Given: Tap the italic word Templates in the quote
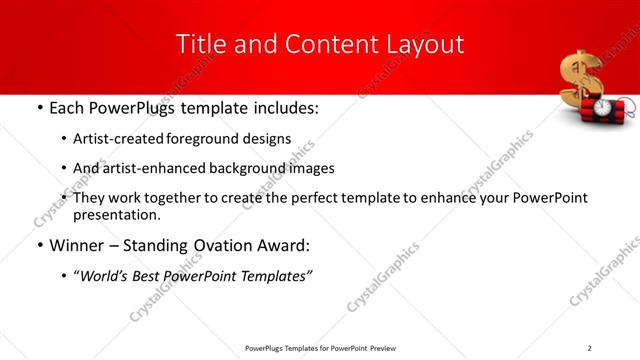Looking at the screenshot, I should click(x=275, y=277).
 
